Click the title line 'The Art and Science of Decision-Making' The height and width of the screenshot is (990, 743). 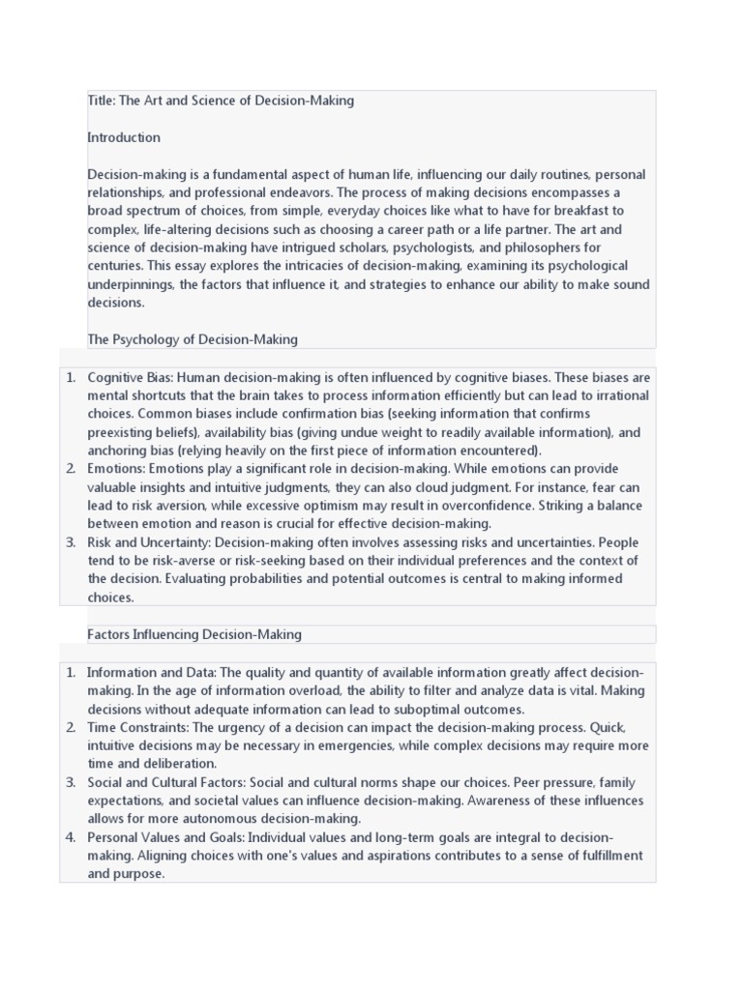pyautogui.click(x=235, y=101)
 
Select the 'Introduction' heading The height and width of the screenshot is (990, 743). pyautogui.click(x=124, y=137)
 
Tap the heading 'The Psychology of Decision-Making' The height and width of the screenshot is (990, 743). pyautogui.click(x=193, y=339)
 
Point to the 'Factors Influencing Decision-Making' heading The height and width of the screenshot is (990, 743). pyautogui.click(x=194, y=634)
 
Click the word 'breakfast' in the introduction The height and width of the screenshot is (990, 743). pyautogui.click(x=558, y=211)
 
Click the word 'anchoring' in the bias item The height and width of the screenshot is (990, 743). pyautogui.click(x=115, y=451)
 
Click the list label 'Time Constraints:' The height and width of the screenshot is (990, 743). pyautogui.click(x=137, y=727)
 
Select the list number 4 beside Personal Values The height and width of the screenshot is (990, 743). pyautogui.click(x=71, y=837)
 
